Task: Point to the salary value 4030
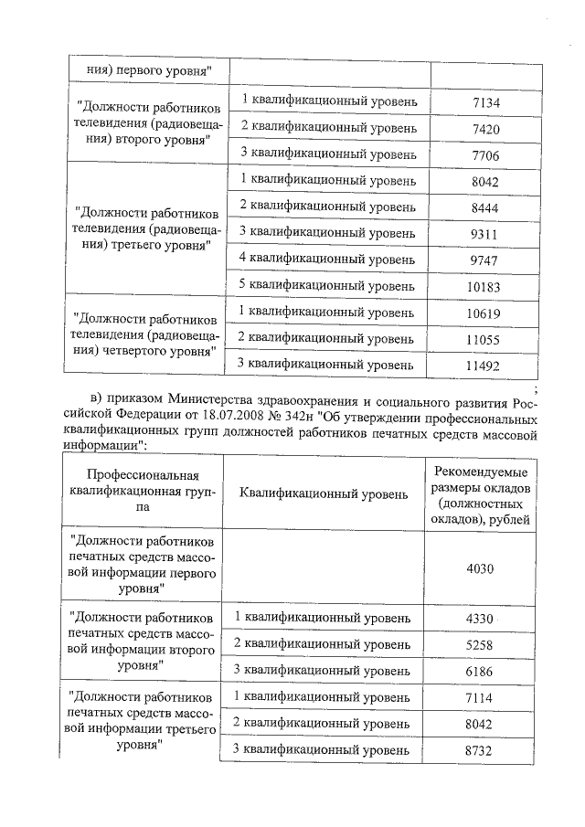coord(479,567)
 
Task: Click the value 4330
coord(479,620)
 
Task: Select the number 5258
coord(479,645)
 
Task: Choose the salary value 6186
coord(479,672)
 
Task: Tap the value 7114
coord(479,698)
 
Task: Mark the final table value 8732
coord(479,750)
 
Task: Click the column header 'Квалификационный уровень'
coord(324,494)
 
